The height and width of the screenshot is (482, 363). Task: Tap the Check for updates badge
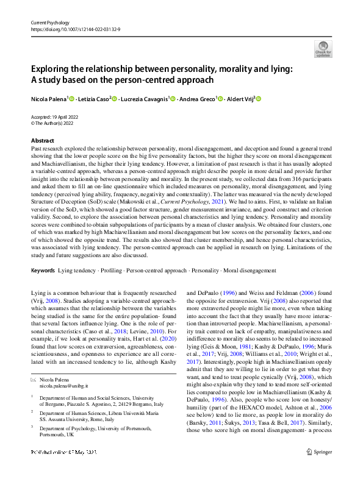click(x=322, y=48)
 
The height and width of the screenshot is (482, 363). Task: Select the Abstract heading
click(x=42, y=140)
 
